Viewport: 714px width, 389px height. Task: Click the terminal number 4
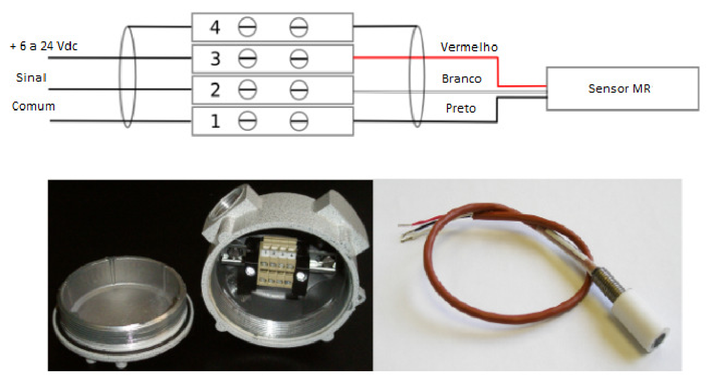click(x=215, y=27)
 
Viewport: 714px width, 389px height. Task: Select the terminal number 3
click(x=215, y=59)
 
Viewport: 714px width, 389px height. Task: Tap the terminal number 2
click(x=215, y=90)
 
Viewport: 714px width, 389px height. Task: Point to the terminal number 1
click(x=215, y=121)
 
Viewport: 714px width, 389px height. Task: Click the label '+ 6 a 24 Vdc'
click(x=44, y=46)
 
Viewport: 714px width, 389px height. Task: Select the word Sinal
click(x=31, y=77)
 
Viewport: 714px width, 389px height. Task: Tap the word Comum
click(x=33, y=106)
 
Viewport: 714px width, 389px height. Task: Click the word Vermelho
click(x=469, y=47)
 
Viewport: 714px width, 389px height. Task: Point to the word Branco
click(x=462, y=79)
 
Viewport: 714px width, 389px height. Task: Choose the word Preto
click(x=461, y=108)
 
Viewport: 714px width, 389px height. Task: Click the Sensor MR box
click(x=623, y=89)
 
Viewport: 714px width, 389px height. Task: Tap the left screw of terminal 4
click(x=247, y=27)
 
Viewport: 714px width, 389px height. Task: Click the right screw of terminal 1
click(x=298, y=121)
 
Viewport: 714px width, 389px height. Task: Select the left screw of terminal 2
click(x=247, y=90)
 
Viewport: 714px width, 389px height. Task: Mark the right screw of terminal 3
click(x=298, y=59)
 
